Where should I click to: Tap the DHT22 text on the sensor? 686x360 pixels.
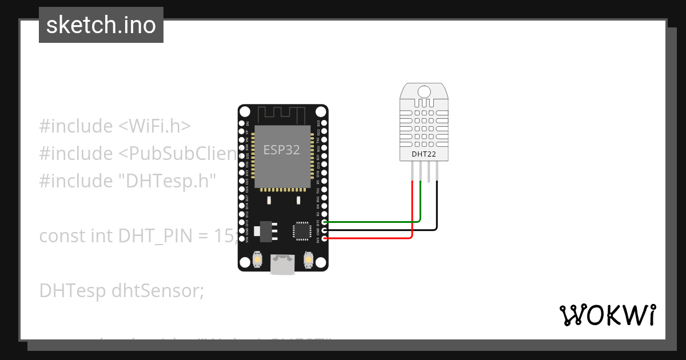tap(424, 154)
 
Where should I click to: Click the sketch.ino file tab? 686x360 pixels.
tap(101, 25)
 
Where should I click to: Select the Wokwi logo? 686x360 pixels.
tap(607, 315)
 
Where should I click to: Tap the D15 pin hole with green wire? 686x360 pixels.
tap(324, 222)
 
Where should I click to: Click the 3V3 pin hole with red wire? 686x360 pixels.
tap(324, 238)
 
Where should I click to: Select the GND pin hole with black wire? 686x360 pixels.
tap(324, 230)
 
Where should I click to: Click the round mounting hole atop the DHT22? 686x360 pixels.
tap(424, 91)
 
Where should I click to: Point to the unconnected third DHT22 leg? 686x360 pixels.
tap(429, 171)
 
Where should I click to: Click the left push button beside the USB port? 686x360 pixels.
tap(258, 261)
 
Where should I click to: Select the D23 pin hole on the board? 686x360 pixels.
tap(324, 123)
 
